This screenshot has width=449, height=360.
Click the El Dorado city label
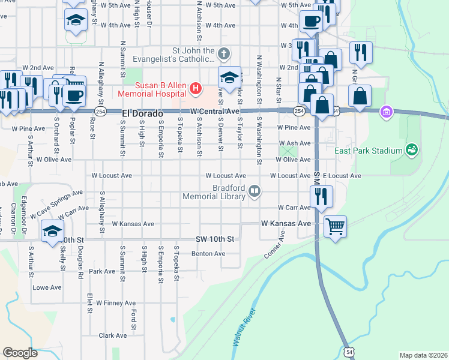[143, 112]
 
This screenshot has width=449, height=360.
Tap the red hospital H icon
[195, 89]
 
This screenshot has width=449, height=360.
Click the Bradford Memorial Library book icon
[255, 191]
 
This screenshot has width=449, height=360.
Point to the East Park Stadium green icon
[411, 149]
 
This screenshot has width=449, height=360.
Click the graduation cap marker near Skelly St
[53, 230]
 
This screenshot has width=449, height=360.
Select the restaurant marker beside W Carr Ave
[321, 195]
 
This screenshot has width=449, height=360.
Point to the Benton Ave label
[208, 254]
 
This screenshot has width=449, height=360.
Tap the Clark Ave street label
[113, 335]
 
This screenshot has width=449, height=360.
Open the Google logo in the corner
[20, 353]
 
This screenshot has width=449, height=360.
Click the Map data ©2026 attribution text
[423, 355]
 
